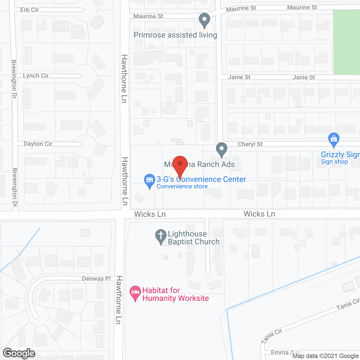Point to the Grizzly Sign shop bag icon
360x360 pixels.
click(x=334, y=139)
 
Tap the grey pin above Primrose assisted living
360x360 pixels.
click(x=204, y=20)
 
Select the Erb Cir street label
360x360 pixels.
click(x=29, y=10)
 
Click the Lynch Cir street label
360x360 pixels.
click(x=36, y=76)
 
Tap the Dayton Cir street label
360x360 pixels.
click(x=38, y=144)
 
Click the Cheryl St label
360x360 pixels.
click(x=250, y=144)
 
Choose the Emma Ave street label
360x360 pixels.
click(x=285, y=353)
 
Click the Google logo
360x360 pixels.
click(x=19, y=353)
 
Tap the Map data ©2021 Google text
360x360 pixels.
click(x=326, y=356)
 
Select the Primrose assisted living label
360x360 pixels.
click(x=175, y=35)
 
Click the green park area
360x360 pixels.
click(x=346, y=42)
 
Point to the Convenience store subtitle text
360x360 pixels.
click(x=182, y=186)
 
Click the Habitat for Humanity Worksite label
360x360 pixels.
click(x=175, y=294)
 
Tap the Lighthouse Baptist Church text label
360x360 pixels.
click(x=193, y=238)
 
